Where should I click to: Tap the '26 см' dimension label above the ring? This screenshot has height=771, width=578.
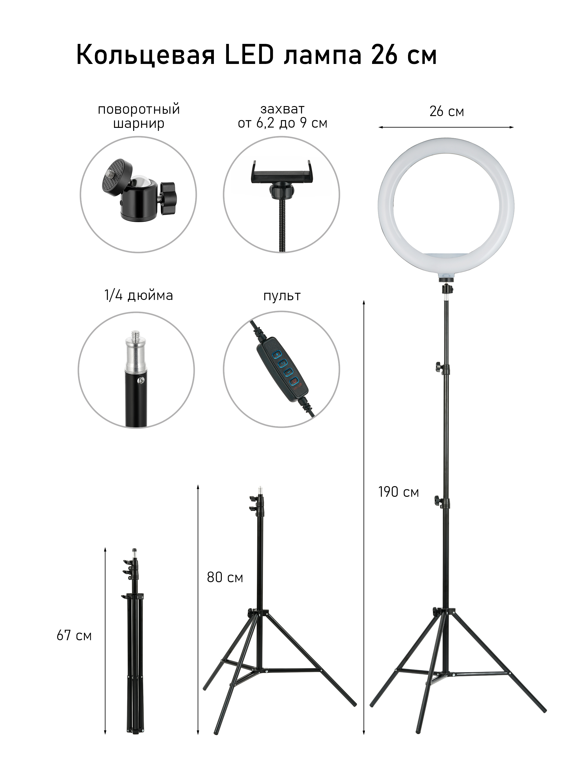(x=447, y=112)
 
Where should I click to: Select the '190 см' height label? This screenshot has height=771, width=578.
(x=399, y=492)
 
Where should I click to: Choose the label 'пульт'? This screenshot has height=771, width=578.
(x=282, y=296)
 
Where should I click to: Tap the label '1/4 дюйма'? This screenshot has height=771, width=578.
(x=139, y=295)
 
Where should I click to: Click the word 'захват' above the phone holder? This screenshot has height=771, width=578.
(x=283, y=109)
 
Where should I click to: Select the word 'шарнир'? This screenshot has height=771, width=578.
(x=139, y=124)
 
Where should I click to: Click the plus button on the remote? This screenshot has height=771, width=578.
(x=277, y=354)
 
